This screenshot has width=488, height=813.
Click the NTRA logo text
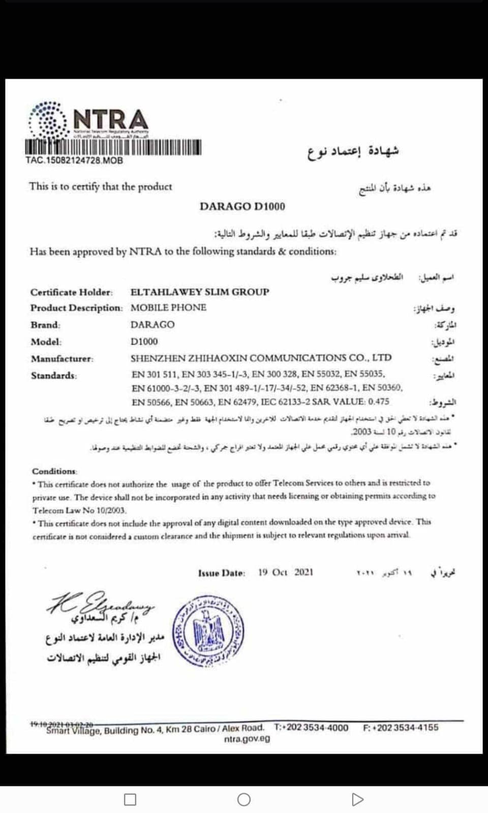point(111,120)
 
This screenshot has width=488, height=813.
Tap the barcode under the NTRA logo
point(113,147)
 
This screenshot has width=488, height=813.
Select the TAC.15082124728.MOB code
point(74,161)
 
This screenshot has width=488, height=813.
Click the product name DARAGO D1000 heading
point(242,206)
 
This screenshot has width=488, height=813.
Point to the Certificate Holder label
point(71,292)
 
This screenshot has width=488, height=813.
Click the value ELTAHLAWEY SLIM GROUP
point(200,292)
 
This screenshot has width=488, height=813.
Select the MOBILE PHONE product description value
point(168,307)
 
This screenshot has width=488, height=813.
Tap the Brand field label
point(45,325)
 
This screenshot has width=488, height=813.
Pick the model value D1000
point(144,341)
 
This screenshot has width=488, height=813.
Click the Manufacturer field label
point(62,359)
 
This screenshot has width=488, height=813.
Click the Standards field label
point(53,376)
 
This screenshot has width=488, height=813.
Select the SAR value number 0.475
point(379,401)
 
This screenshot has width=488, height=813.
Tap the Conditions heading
point(54,471)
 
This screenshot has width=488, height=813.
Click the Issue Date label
point(222,573)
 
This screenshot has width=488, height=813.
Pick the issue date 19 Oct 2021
point(286,572)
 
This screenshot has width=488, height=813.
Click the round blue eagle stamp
point(209,631)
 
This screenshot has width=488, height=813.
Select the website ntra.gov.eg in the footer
point(247,739)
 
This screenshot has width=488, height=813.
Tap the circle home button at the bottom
point(244,800)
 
